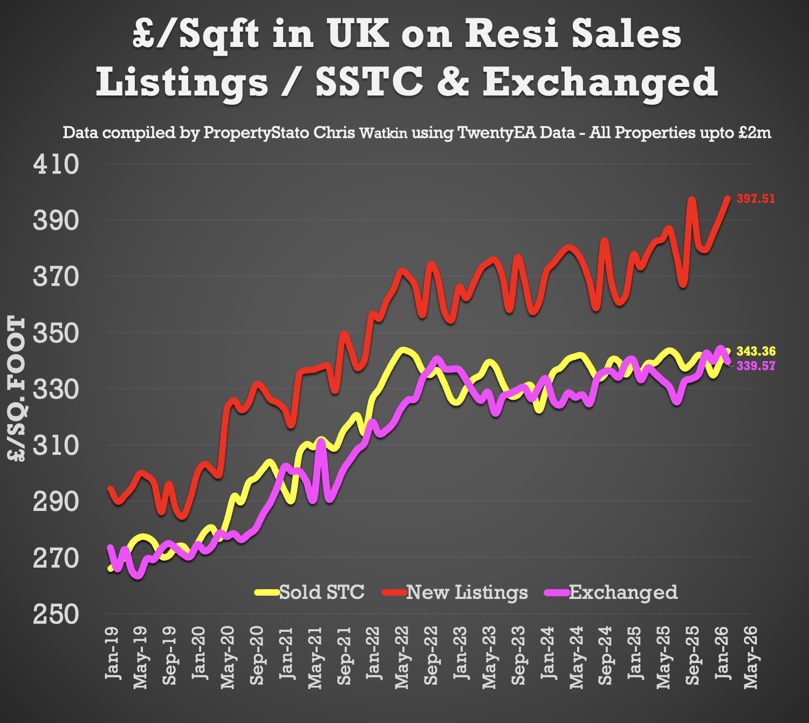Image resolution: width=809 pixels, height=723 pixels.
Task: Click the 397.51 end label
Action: (756, 199)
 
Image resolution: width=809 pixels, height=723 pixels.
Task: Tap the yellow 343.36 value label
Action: (756, 352)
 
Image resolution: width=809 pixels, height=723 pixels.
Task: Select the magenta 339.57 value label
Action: (756, 366)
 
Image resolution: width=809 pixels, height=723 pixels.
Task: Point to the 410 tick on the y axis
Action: (56, 164)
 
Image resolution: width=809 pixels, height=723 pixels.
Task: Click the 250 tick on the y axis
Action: (56, 614)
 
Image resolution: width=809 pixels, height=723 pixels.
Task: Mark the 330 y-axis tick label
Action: (56, 389)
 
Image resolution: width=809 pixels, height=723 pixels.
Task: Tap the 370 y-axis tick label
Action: (56, 277)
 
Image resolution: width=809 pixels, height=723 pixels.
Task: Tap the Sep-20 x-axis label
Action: (257, 656)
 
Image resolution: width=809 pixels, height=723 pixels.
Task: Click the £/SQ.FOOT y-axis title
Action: (17, 388)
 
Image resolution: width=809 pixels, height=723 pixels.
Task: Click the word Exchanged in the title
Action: (599, 82)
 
